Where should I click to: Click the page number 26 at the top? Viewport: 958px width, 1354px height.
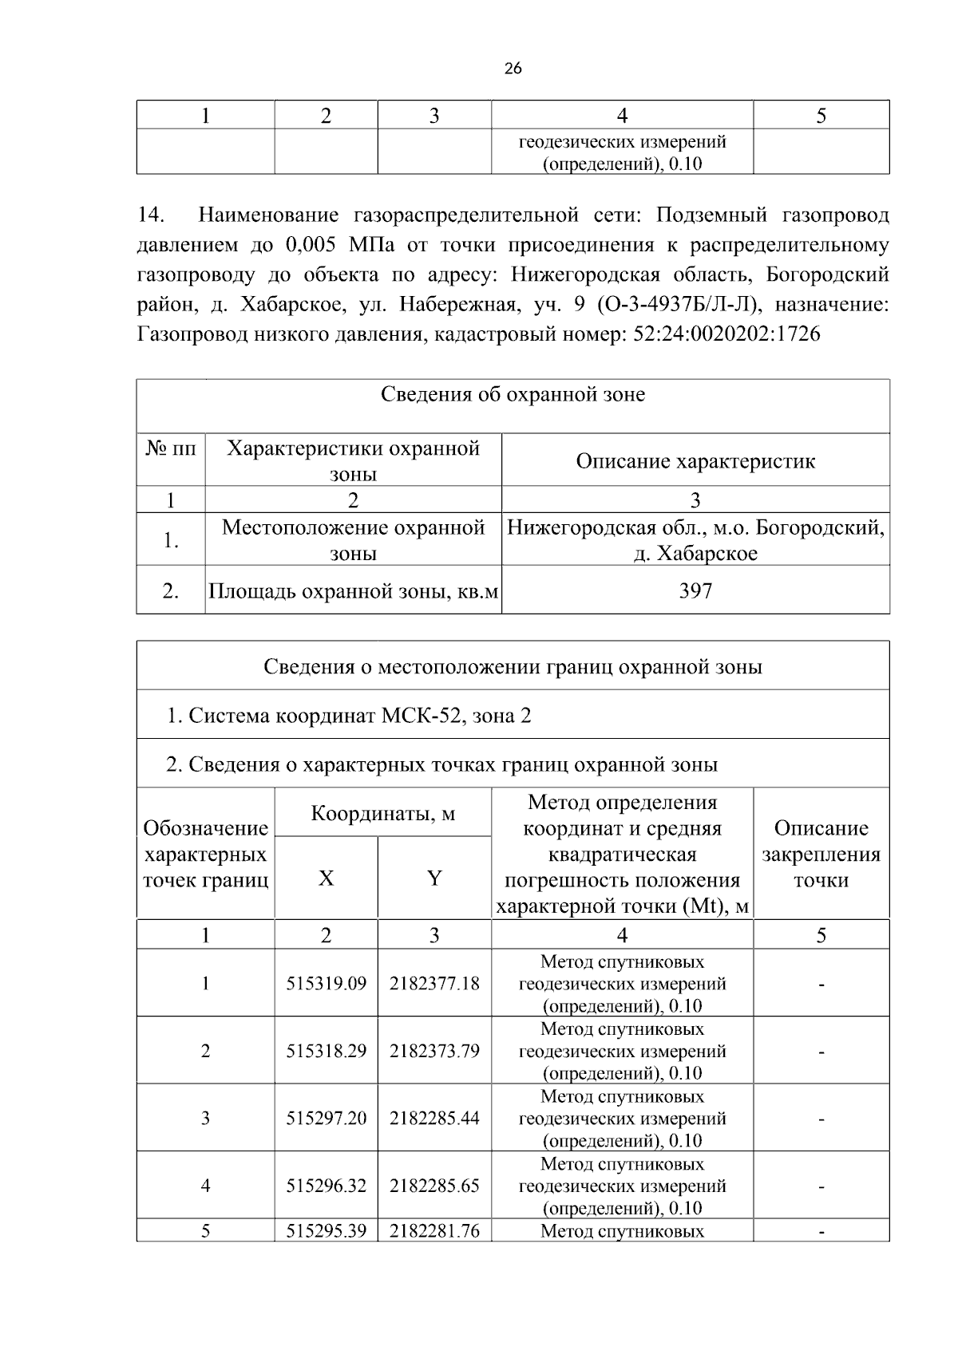coord(513,69)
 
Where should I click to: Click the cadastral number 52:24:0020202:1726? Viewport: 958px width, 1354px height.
coord(726,334)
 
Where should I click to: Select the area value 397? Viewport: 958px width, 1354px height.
coord(695,590)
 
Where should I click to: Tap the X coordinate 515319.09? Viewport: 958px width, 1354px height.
coord(327,983)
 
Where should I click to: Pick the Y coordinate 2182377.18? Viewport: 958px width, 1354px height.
coord(434,983)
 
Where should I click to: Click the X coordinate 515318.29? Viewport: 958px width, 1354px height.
coord(327,1051)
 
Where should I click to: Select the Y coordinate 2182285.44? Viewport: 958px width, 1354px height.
coord(434,1118)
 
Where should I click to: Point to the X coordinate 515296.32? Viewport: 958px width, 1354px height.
coord(327,1186)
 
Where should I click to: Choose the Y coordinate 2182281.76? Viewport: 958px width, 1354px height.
coord(434,1231)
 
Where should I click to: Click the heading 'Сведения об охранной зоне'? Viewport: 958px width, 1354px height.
coord(513,394)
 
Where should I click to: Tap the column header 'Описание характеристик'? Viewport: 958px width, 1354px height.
coord(695,461)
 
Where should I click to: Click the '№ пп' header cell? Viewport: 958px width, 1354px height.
coord(171,448)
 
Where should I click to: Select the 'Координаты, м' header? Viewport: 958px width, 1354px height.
coord(382,814)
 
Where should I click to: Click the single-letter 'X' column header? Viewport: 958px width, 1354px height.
coord(327,878)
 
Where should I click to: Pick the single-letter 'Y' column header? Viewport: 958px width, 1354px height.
coord(434,878)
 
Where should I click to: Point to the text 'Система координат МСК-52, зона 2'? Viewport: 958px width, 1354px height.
coord(359,715)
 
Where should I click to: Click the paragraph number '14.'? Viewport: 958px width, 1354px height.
coord(151,215)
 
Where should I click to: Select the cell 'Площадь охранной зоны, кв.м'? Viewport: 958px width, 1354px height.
coord(353,591)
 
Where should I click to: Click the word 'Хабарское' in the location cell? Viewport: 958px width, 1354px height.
coord(707,554)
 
